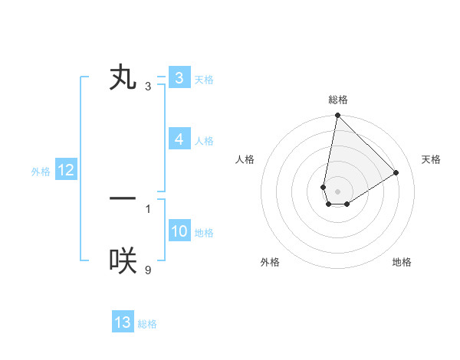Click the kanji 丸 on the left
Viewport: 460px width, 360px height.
pyautogui.click(x=123, y=78)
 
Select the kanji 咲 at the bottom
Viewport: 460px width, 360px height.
pyautogui.click(x=123, y=261)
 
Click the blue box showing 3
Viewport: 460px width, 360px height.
pyautogui.click(x=179, y=78)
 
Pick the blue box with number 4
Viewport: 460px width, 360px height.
pyautogui.click(x=179, y=139)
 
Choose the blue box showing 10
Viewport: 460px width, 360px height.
pyautogui.click(x=179, y=231)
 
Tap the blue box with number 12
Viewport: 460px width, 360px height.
pyautogui.click(x=66, y=170)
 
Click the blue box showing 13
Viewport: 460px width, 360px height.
pyautogui.click(x=123, y=322)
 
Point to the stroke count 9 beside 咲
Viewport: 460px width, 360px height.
pyautogui.click(x=148, y=270)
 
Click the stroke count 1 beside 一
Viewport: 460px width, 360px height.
pyautogui.click(x=148, y=208)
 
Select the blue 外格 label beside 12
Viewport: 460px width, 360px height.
pyautogui.click(x=41, y=172)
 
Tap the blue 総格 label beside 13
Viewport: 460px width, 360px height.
pyautogui.click(x=147, y=324)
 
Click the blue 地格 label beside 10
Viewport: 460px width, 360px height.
pyautogui.click(x=204, y=233)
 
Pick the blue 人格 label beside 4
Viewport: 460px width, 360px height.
pyautogui.click(x=204, y=141)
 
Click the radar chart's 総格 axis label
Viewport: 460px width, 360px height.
pyautogui.click(x=338, y=100)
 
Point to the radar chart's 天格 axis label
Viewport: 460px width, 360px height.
pyautogui.click(x=431, y=159)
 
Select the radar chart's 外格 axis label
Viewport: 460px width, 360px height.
pyautogui.click(x=270, y=262)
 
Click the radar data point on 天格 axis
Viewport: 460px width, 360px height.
pyautogui.click(x=396, y=172)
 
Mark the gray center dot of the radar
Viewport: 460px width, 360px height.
pyautogui.click(x=338, y=191)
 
